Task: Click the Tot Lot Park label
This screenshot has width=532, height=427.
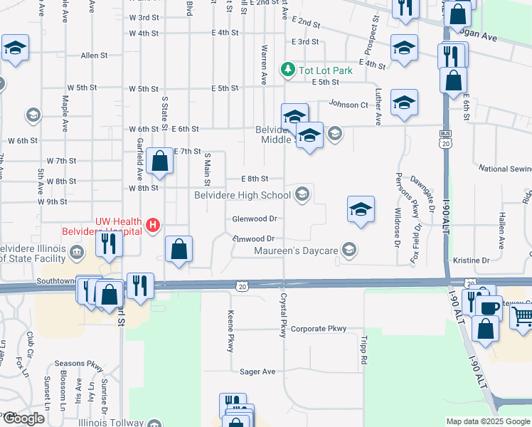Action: (316, 70)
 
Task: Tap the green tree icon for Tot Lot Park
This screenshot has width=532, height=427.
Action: (288, 69)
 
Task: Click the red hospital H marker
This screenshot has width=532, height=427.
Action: (151, 226)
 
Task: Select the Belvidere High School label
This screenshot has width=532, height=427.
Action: (242, 194)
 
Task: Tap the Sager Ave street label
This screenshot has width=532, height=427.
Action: (257, 371)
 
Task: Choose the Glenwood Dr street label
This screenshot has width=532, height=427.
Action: (254, 219)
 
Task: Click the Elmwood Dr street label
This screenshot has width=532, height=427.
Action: (253, 238)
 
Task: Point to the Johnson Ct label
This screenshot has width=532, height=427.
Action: (348, 104)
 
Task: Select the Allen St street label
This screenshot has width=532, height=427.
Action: (94, 55)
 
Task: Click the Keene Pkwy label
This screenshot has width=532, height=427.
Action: (230, 331)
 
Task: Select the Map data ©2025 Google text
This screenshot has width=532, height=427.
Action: (487, 421)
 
